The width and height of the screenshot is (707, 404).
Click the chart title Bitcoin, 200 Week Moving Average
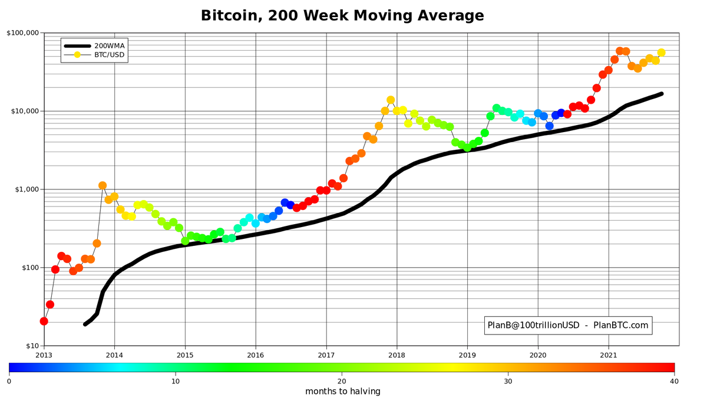(342, 15)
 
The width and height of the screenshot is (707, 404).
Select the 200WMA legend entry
(109, 45)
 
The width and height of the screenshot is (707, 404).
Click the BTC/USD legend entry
(110, 55)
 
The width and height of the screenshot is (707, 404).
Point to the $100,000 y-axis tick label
(23, 33)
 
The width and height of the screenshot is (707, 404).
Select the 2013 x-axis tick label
(44, 355)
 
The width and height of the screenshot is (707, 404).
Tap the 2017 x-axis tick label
(326, 355)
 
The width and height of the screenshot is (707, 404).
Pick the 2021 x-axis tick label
(609, 355)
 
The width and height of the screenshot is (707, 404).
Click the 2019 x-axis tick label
(467, 355)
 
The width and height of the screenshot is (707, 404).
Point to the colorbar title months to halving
(342, 392)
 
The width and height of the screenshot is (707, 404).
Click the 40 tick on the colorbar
(674, 381)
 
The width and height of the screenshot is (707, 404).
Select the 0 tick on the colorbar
(9, 381)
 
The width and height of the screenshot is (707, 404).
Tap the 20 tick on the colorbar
(342, 381)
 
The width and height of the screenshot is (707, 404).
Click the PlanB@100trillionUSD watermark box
(567, 325)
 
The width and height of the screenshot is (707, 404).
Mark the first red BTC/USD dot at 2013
(44, 321)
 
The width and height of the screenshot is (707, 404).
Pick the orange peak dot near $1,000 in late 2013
(103, 186)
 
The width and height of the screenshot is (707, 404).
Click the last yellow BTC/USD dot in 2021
(661, 52)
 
